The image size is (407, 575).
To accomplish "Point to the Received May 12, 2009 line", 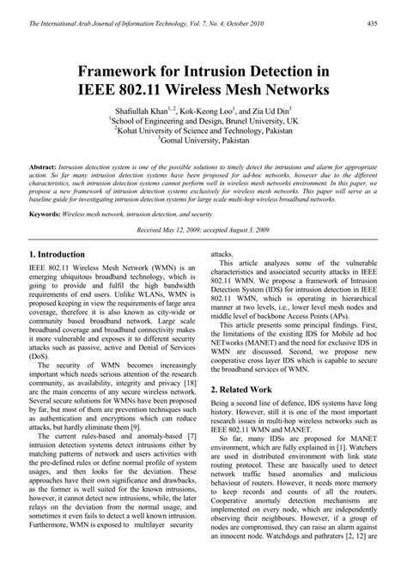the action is coord(203,232).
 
